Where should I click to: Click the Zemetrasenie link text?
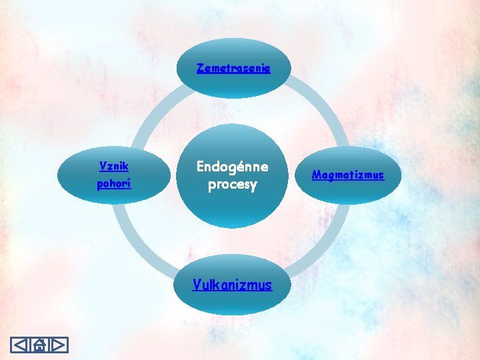[x=233, y=68]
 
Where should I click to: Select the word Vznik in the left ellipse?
[x=114, y=165]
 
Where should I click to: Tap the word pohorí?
[x=114, y=183]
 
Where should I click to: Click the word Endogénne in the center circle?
[x=232, y=167]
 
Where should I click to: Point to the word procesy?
[x=232, y=184]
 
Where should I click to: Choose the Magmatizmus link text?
[x=348, y=175]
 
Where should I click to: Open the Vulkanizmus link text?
[x=232, y=285]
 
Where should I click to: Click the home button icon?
[x=40, y=345]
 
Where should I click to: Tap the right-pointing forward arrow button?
[x=59, y=345]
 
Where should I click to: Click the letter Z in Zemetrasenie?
[x=200, y=68]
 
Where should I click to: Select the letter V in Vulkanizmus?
[x=197, y=284]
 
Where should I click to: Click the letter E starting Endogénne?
[x=200, y=167]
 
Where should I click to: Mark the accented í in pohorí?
[x=129, y=183]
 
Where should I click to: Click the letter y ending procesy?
[x=253, y=185]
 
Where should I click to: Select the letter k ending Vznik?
[x=126, y=165]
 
